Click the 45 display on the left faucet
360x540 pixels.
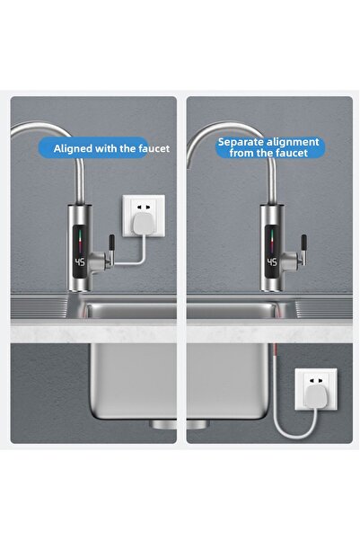click(x=80, y=264)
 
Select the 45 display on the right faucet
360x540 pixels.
click(x=270, y=264)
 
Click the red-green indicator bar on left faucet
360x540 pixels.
click(x=82, y=238)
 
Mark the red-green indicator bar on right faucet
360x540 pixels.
click(x=271, y=238)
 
